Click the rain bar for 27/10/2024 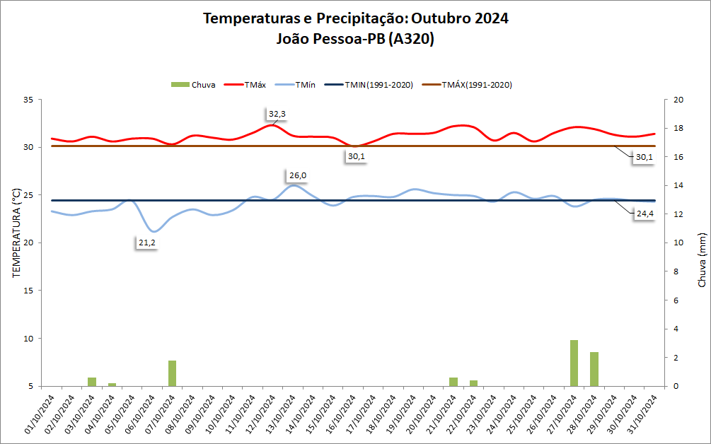pyautogui.click(x=574, y=363)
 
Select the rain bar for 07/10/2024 pyautogui.click(x=172, y=373)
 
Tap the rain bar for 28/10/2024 pyautogui.click(x=594, y=369)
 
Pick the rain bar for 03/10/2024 pyautogui.click(x=92, y=382)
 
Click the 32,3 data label pyautogui.click(x=277, y=114)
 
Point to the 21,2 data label pyautogui.click(x=146, y=243)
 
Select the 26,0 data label pyautogui.click(x=297, y=175)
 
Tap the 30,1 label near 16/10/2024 pyautogui.click(x=356, y=156)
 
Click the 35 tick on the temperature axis pyautogui.click(x=29, y=100)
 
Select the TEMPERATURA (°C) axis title pyautogui.click(x=16, y=243)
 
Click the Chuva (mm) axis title pyautogui.click(x=702, y=259)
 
